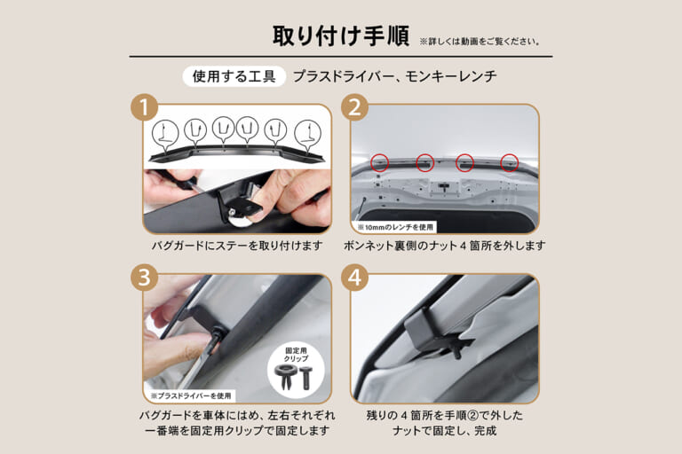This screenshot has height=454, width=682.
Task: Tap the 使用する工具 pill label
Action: pyautogui.click(x=234, y=76)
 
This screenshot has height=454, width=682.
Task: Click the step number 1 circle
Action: pyautogui.click(x=144, y=108)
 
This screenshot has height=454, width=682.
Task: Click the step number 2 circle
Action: pyautogui.click(x=354, y=108)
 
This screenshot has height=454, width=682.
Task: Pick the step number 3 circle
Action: pyautogui.click(x=144, y=277)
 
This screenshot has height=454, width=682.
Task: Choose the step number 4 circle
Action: pyautogui.click(x=354, y=277)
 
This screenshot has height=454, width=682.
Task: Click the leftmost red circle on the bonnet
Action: pyautogui.click(x=379, y=162)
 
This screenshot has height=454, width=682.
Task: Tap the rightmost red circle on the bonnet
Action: pyautogui.click(x=509, y=162)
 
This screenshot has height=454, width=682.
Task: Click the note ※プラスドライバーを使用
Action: pyautogui.click(x=191, y=395)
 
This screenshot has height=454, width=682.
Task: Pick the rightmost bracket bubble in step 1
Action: pyautogui.click(x=307, y=133)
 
